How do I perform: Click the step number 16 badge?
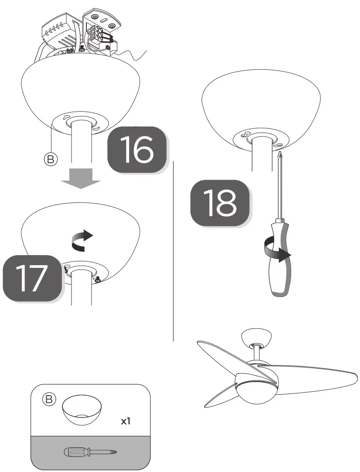[137, 149]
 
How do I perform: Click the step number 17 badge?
[31, 278]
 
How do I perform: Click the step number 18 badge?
[220, 202]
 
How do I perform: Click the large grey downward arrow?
[80, 178]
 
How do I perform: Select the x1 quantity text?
[127, 422]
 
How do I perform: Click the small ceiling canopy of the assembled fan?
[256, 337]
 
